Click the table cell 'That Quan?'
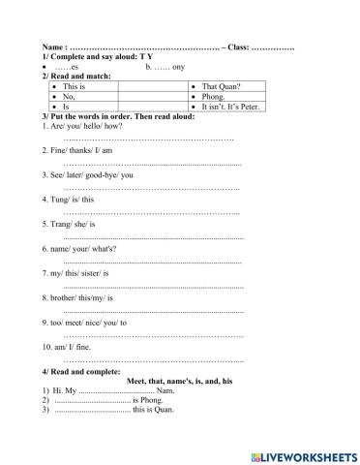click(224, 86)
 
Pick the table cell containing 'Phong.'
click(215, 97)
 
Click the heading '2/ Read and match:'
click(75, 76)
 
